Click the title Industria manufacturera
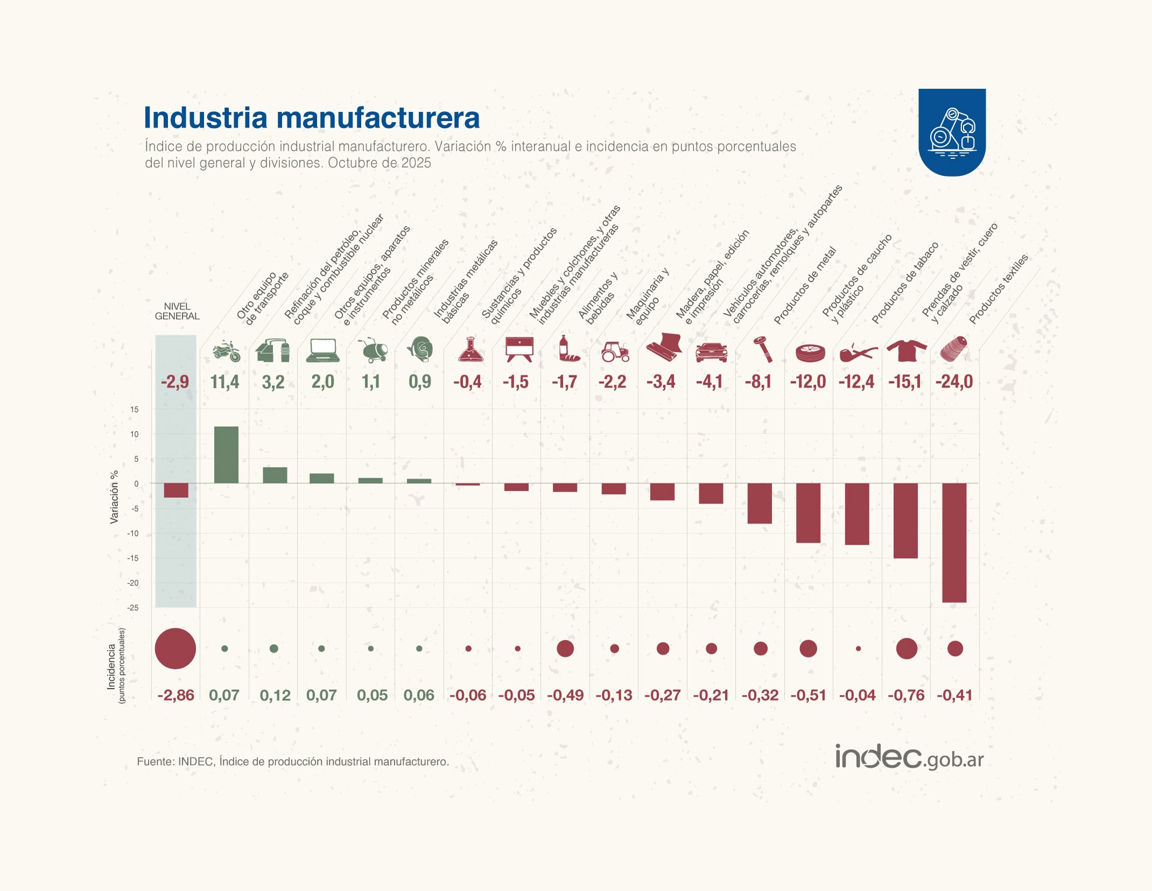[x=311, y=118]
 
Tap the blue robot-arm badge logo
[x=952, y=132]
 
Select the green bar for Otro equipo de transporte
[x=226, y=455]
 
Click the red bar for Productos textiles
[x=954, y=542]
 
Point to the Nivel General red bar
[x=176, y=490]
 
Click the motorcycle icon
[x=226, y=351]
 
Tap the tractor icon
[x=615, y=351]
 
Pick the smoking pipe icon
[x=858, y=353]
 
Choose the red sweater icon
[x=907, y=350]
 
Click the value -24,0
[x=954, y=382]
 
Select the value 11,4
[x=225, y=382]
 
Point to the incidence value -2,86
[x=175, y=695]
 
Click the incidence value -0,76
[x=906, y=695]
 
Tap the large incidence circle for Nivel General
[x=175, y=648]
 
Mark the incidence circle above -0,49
[x=565, y=648]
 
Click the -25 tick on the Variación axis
[x=132, y=608]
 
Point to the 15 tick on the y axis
[x=134, y=409]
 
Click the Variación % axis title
[x=114, y=497]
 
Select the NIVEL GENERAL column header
[x=177, y=311]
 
